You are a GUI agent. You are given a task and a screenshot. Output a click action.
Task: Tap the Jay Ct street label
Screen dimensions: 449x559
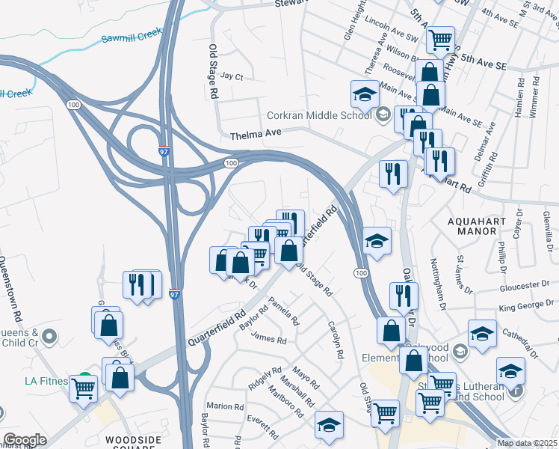tap(232, 76)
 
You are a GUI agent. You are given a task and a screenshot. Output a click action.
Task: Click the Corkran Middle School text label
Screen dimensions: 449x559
tap(319, 115)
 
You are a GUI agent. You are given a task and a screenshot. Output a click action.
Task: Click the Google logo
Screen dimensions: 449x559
tap(25, 440)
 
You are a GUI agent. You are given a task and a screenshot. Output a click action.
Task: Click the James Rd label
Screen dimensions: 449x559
tap(269, 339)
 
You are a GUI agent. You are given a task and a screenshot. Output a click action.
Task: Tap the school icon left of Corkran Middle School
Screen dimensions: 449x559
tap(364, 95)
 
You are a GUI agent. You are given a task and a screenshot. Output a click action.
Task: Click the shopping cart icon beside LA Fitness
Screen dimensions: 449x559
tap(83, 388)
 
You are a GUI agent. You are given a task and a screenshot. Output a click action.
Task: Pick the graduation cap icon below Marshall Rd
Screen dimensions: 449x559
tap(329, 424)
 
